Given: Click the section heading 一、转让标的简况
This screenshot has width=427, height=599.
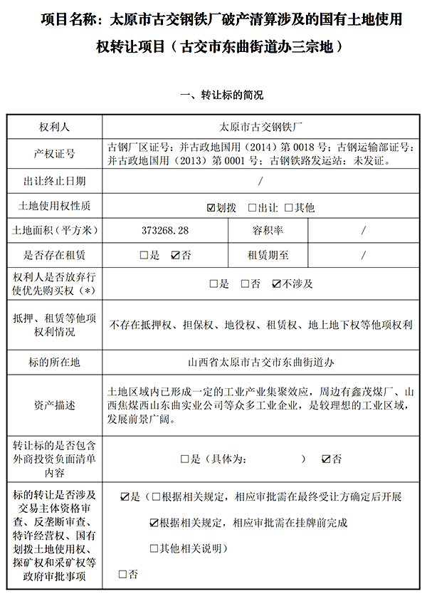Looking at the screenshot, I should coord(213,95).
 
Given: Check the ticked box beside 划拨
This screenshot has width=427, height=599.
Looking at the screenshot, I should coord(211,208).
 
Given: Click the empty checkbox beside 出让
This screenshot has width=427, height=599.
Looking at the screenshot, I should coord(252,208).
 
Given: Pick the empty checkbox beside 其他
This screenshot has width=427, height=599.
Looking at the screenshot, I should coord(288,208).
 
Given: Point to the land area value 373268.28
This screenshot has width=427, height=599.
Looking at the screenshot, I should coord(166,231).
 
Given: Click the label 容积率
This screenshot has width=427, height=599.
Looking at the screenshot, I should coord(268,231).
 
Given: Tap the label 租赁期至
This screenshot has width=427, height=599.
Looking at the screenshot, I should coord(268,255).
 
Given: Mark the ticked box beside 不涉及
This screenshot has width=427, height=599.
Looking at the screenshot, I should coord(277,284).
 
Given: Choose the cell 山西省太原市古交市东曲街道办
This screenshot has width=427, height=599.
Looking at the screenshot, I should coord(261,362).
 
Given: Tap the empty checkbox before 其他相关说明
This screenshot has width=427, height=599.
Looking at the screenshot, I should coord(154,548).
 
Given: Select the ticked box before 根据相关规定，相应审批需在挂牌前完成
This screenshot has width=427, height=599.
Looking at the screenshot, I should coord(154,523).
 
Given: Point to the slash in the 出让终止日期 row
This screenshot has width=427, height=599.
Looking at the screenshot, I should coord(261,181).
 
